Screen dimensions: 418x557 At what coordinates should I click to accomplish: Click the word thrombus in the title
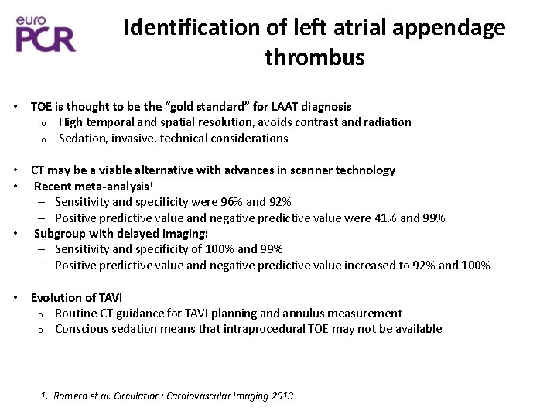click(314, 58)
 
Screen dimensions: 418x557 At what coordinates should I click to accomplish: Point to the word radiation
click(385, 122)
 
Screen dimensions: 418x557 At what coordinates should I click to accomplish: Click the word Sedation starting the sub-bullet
click(84, 139)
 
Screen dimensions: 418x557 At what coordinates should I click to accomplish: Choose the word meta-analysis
click(112, 187)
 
